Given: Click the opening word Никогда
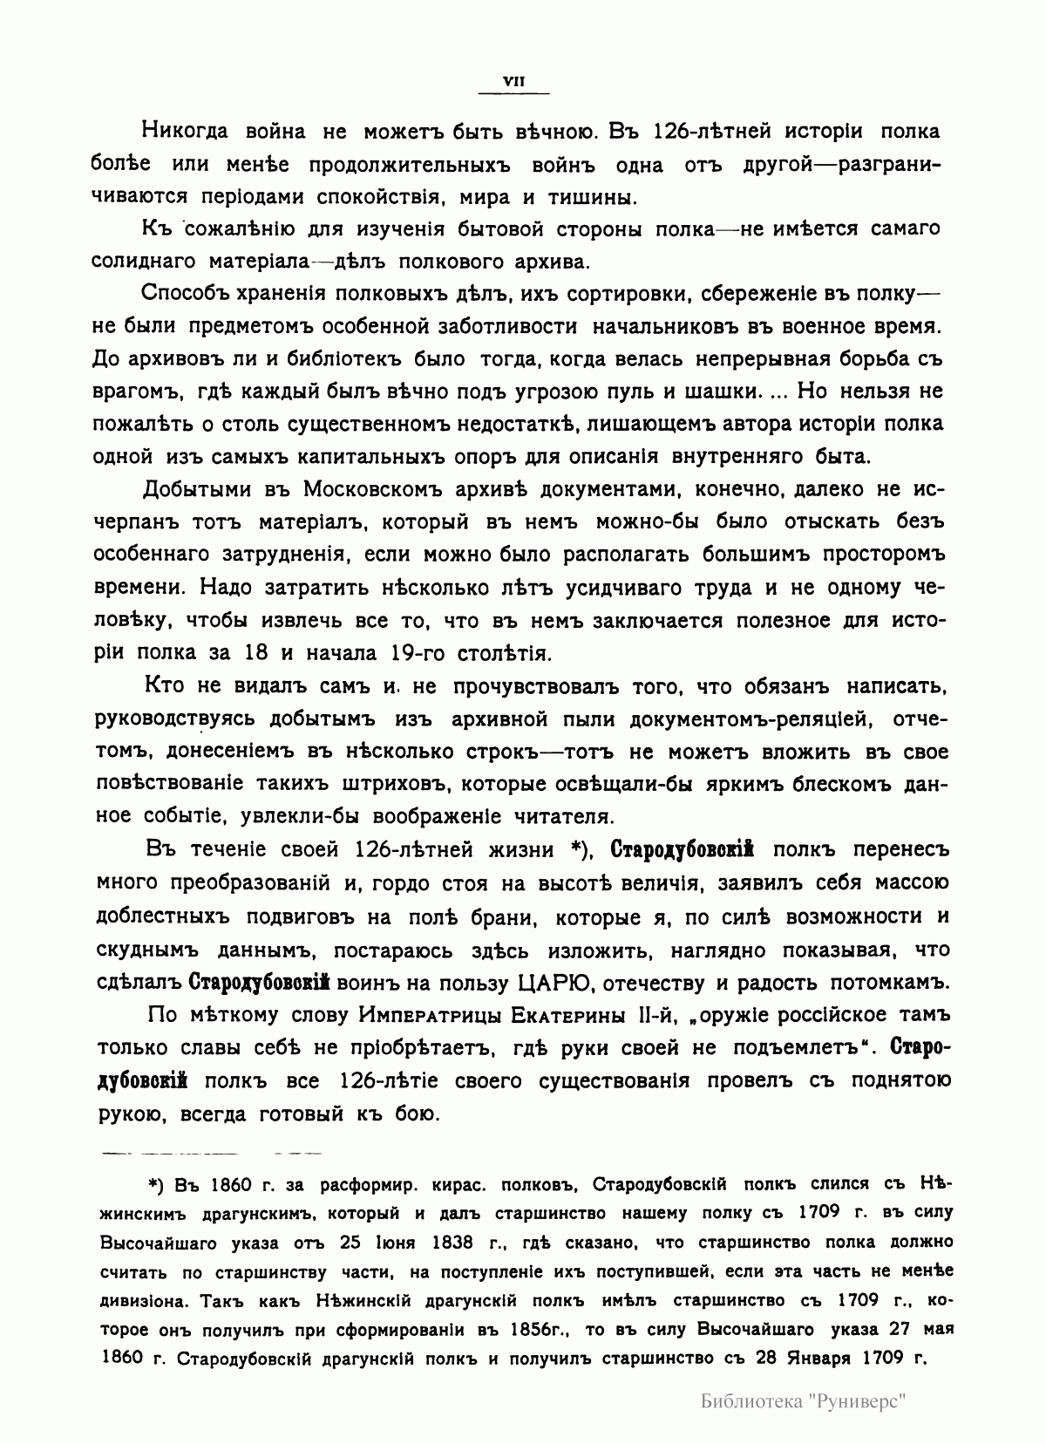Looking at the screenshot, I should click(183, 132).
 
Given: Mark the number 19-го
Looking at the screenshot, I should click(416, 652).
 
